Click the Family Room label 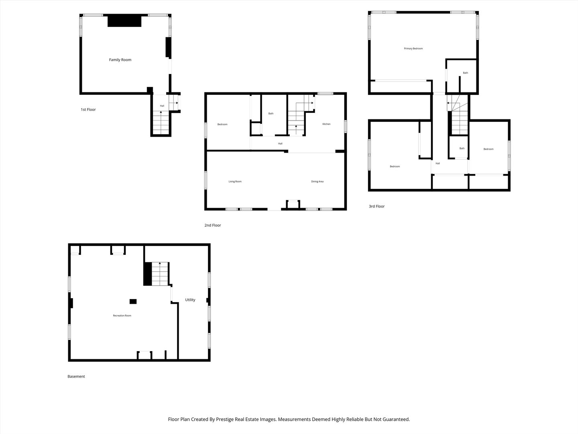pyautogui.click(x=120, y=60)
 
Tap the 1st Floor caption pyautogui.click(x=88, y=110)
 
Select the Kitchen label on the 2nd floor pyautogui.click(x=326, y=124)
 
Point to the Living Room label pyautogui.click(x=235, y=182)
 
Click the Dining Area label pyautogui.click(x=317, y=182)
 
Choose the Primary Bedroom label pyautogui.click(x=413, y=49)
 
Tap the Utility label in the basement pyautogui.click(x=190, y=300)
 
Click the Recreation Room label pyautogui.click(x=122, y=316)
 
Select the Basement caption pyautogui.click(x=76, y=377)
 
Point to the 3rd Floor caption pyautogui.click(x=377, y=207)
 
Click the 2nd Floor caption pyautogui.click(x=212, y=225)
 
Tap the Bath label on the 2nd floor pyautogui.click(x=271, y=114)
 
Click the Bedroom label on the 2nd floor pyautogui.click(x=222, y=125)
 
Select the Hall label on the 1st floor pyautogui.click(x=162, y=106)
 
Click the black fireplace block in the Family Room pyautogui.click(x=124, y=21)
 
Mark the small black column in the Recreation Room pyautogui.click(x=133, y=301)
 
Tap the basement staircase pyautogui.click(x=160, y=274)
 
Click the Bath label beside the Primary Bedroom pyautogui.click(x=466, y=73)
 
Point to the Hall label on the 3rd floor pyautogui.click(x=438, y=164)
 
